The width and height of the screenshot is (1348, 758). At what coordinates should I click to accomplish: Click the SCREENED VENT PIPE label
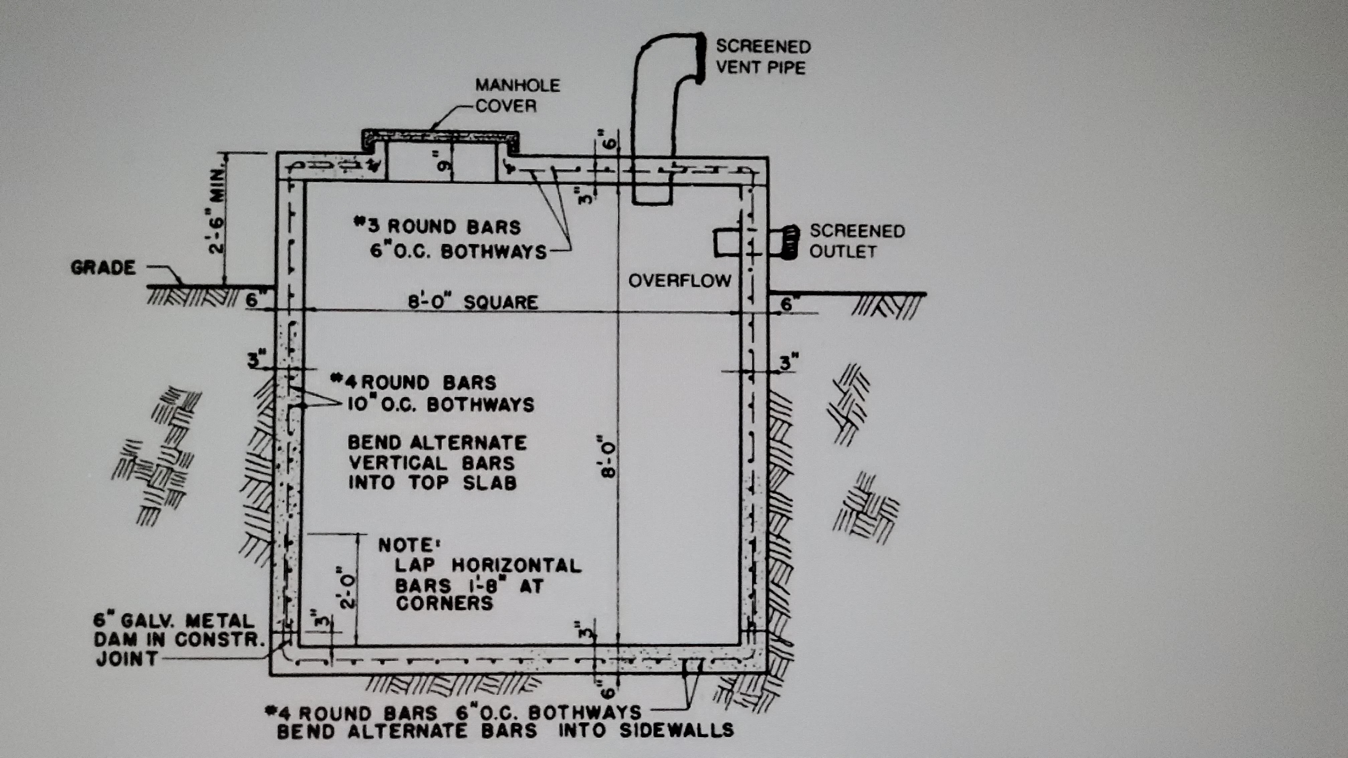pos(763,56)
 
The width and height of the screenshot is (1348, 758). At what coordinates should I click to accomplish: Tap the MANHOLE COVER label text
pos(517,96)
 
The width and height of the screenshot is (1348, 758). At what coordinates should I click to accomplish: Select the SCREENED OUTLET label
pos(857,241)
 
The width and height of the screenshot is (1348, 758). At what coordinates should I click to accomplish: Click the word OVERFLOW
pos(680,281)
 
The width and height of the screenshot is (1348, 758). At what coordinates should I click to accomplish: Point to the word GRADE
pos(103,268)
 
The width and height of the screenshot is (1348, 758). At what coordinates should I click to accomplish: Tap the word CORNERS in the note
pos(444,603)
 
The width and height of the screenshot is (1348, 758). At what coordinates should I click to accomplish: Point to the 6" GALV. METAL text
pos(173,621)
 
